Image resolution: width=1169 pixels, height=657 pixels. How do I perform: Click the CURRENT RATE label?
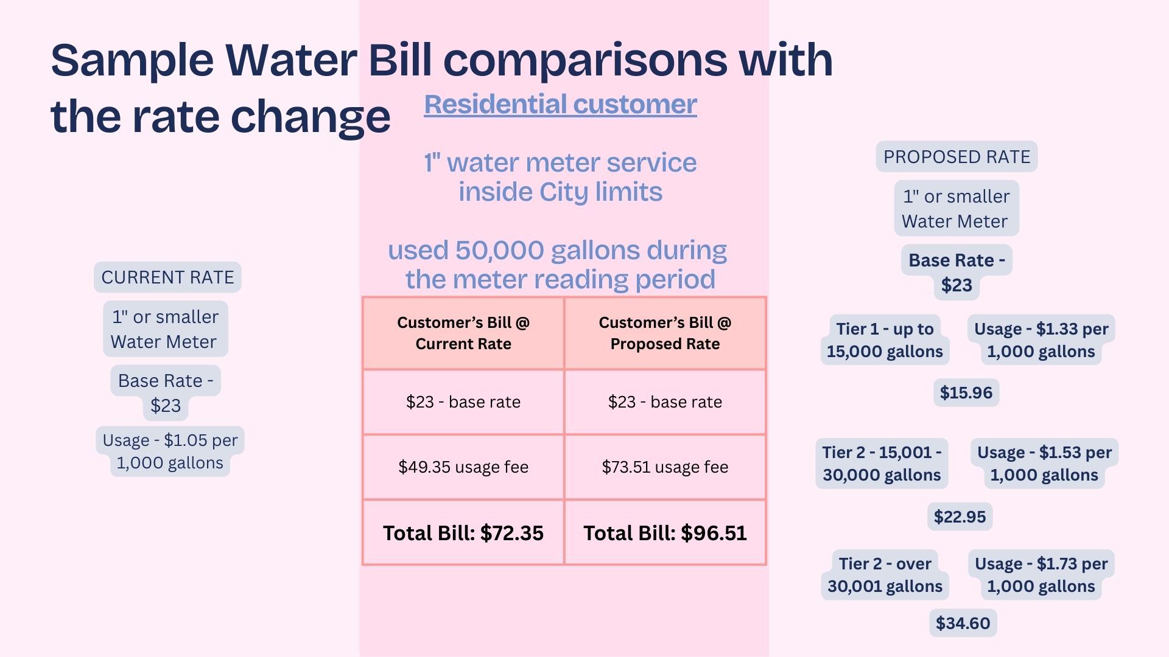[167, 277]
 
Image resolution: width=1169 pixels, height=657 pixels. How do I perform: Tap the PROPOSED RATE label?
[957, 157]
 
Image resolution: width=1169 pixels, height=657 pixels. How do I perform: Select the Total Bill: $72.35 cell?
[463, 533]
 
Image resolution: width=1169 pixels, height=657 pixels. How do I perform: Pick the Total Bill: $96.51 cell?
[665, 533]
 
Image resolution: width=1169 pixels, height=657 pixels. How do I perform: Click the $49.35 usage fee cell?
[463, 467]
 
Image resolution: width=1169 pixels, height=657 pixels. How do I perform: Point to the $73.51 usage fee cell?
[665, 467]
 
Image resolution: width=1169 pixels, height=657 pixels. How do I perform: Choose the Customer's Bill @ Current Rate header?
[463, 333]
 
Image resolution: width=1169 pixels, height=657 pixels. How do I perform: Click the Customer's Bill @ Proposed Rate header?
[665, 333]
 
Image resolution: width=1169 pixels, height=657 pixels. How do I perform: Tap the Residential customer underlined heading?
[560, 104]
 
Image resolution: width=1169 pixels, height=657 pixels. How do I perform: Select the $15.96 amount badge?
[966, 392]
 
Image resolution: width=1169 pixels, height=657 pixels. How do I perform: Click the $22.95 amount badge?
[960, 516]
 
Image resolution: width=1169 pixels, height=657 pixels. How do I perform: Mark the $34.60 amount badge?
[963, 623]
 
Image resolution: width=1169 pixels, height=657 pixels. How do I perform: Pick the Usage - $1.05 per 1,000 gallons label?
[170, 451]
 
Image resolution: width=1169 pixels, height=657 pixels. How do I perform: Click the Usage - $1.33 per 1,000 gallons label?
[1041, 340]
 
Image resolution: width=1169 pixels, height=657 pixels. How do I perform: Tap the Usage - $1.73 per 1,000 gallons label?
[1041, 575]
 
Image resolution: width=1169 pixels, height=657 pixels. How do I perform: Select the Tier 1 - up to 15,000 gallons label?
[885, 340]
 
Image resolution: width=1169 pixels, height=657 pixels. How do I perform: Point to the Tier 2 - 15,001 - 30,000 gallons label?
[882, 464]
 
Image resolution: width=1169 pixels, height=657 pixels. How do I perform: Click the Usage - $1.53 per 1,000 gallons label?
[1044, 464]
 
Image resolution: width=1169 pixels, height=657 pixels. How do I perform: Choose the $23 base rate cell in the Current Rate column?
[463, 401]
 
